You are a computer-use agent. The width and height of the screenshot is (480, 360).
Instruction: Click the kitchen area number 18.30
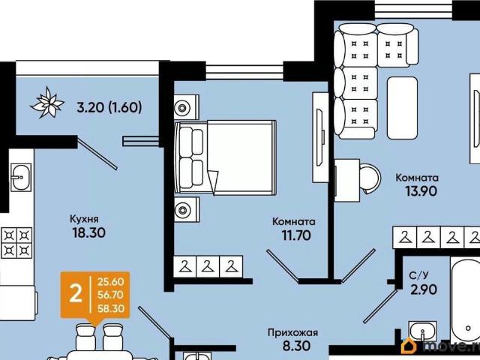pyautogui.click(x=88, y=232)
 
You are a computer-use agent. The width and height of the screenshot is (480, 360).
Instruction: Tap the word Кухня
pyautogui.click(x=84, y=219)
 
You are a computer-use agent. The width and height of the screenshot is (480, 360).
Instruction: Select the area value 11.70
pyautogui.click(x=296, y=235)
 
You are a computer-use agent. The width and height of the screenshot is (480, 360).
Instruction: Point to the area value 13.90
pyautogui.click(x=421, y=191)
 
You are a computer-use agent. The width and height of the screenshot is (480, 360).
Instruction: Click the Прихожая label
pyautogui.click(x=293, y=332)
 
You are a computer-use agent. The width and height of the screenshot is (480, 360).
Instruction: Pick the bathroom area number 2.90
pyautogui.click(x=424, y=289)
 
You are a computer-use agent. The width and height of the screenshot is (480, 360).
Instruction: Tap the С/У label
pyautogui.click(x=418, y=275)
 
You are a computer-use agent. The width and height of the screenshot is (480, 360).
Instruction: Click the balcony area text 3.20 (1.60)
pyautogui.click(x=109, y=107)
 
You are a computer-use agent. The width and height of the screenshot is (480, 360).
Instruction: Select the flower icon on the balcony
pyautogui.click(x=47, y=103)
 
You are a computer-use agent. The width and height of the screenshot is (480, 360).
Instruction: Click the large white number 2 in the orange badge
pyautogui.click(x=76, y=293)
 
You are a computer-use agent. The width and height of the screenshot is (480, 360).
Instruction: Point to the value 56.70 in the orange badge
pyautogui.click(x=111, y=295)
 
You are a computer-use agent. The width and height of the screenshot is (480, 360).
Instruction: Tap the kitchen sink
pyautogui.click(x=21, y=177)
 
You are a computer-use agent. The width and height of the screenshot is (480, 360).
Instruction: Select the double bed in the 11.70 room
pyautogui.click(x=225, y=157)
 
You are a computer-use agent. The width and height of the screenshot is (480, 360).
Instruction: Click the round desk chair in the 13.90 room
pyautogui.click(x=370, y=178)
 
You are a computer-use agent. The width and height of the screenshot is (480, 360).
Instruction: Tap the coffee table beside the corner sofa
pyautogui.click(x=402, y=108)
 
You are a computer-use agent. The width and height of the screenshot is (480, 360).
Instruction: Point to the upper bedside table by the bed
pyautogui.click(x=187, y=106)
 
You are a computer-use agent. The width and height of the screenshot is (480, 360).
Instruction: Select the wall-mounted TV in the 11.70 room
pyautogui.click(x=320, y=137)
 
